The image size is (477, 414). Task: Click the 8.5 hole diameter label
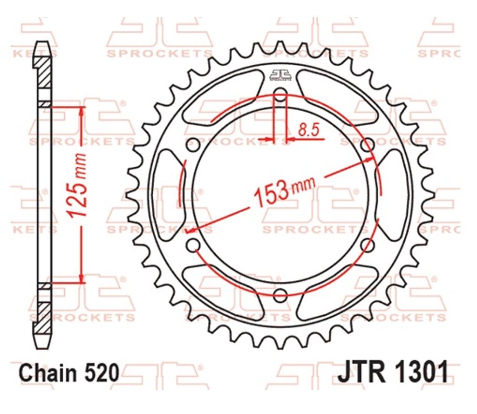point(308,130)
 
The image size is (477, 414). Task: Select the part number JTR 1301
point(393,372)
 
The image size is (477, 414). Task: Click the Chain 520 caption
point(68,373)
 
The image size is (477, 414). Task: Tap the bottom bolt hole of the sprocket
point(280,294)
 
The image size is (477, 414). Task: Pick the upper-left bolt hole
point(192,145)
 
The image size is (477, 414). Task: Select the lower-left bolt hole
point(193,245)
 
